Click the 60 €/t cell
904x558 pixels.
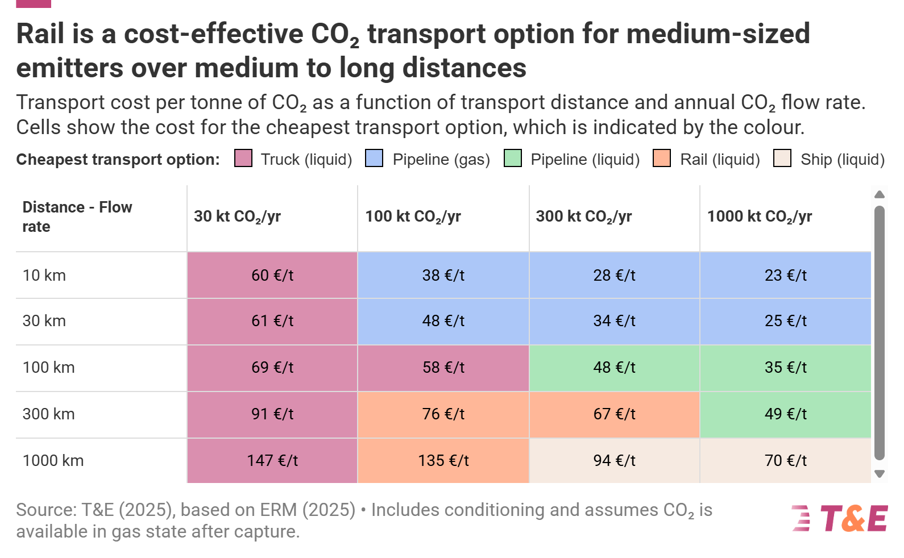(272, 275)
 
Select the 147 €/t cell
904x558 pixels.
(272, 460)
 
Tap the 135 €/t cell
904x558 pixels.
(443, 460)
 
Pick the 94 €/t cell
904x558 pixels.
(614, 460)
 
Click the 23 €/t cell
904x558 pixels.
(785, 275)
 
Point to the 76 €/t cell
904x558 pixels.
(443, 414)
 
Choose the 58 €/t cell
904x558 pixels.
(443, 367)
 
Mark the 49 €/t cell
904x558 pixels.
(785, 414)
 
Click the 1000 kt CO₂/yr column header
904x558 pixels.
(759, 216)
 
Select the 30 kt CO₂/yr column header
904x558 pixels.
(237, 216)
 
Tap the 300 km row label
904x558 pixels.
(49, 414)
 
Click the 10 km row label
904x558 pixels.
(44, 275)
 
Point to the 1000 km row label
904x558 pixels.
(53, 460)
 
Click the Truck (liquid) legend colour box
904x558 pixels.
(243, 159)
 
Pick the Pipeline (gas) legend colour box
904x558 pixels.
(374, 159)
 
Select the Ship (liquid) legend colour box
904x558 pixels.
(782, 159)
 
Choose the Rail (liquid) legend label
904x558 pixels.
(720, 160)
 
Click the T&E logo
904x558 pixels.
(840, 518)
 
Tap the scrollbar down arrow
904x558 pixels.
(880, 474)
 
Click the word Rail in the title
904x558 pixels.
(40, 34)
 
